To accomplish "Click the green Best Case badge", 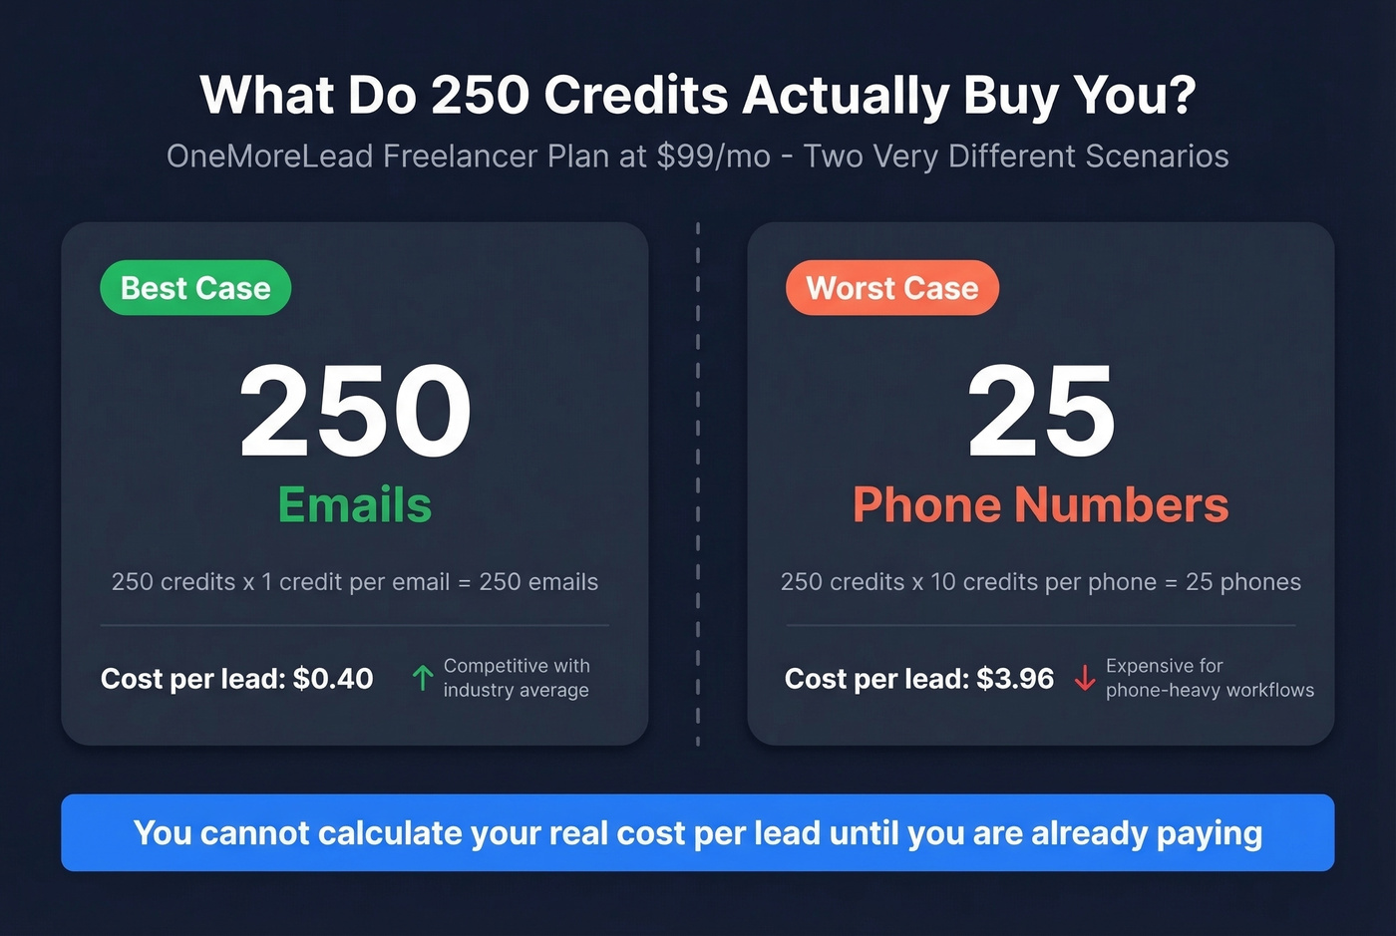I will [x=195, y=288].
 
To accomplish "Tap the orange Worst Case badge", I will [x=891, y=288].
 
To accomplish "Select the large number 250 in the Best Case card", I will [x=355, y=411].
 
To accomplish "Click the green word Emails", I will [x=355, y=504].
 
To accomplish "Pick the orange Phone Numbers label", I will [x=1040, y=504].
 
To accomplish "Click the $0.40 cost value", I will [x=333, y=679].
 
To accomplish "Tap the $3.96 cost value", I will [x=1015, y=679].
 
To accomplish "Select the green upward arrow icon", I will [x=423, y=678].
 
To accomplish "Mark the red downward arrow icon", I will [x=1085, y=679].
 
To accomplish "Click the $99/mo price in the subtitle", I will [x=714, y=156].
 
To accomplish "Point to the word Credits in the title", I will [x=636, y=96].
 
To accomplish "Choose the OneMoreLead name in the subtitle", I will [x=270, y=156].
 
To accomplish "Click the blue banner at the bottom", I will [x=698, y=832].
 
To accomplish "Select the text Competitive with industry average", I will [x=516, y=678].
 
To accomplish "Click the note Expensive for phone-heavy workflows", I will [x=1209, y=678].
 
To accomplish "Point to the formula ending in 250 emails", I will [x=355, y=582].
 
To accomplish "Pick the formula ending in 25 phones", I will [x=1040, y=582].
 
